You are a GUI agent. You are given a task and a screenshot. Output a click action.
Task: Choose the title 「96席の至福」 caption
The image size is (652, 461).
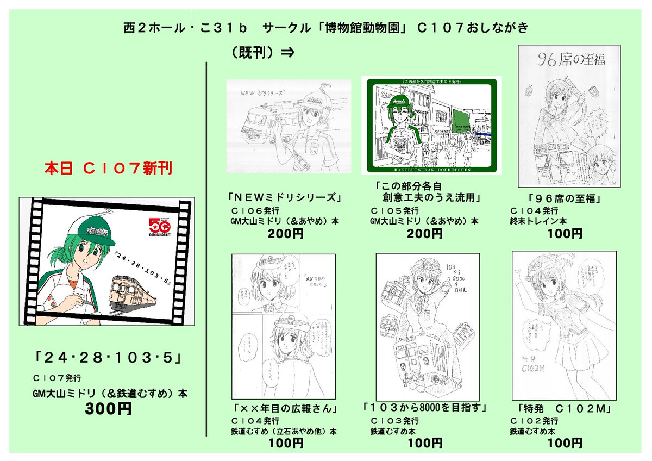click(x=565, y=198)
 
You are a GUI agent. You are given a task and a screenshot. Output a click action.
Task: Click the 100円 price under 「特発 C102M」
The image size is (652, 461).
click(x=565, y=444)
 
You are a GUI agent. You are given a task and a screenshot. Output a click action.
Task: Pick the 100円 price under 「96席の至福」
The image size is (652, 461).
click(x=565, y=234)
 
